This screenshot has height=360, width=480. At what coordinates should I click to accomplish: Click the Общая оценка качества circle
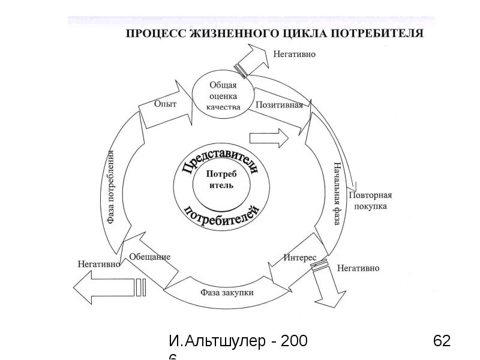pos(223,96)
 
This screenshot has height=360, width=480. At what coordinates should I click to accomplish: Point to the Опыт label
pos(165,104)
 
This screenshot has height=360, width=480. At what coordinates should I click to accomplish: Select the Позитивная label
pos(279,104)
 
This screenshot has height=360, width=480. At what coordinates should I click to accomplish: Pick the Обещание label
pos(150,257)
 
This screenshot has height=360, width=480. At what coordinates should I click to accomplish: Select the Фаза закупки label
pos(227,293)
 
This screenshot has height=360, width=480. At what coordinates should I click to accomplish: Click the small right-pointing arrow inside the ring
pos(269,138)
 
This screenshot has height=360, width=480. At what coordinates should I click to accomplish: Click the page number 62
pos(441,341)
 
